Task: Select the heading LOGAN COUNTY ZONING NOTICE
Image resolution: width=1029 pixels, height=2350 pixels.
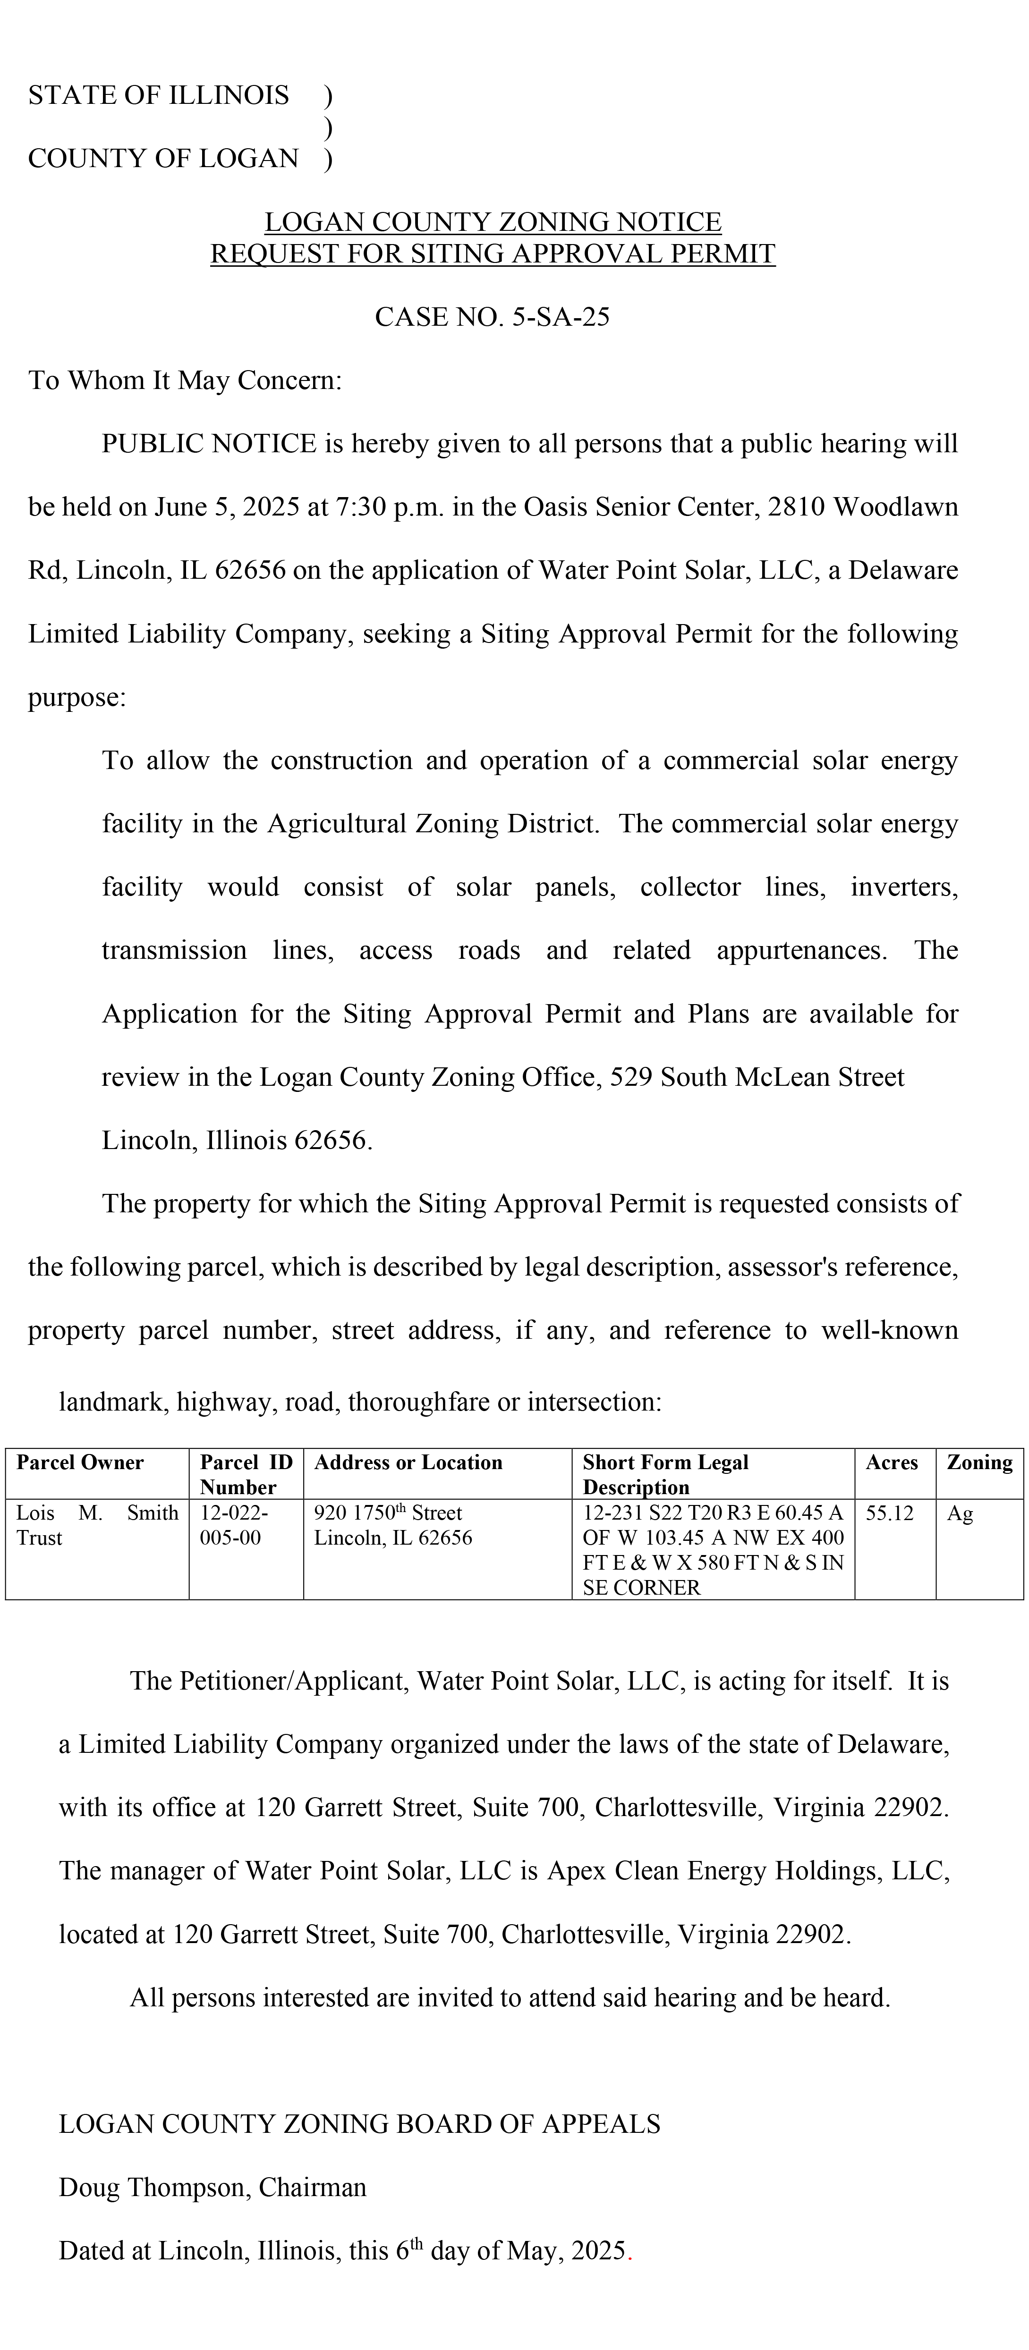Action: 493,222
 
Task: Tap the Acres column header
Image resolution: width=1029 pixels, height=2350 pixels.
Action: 891,1462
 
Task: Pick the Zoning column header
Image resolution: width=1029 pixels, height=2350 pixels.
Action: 979,1462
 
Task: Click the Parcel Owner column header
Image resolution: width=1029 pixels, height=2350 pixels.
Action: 80,1462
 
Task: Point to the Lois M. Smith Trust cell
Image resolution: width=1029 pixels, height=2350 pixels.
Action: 97,1525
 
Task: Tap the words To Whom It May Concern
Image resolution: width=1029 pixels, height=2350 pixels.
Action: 184,380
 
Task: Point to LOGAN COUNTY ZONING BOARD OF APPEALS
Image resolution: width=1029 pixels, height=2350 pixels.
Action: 359,2125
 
